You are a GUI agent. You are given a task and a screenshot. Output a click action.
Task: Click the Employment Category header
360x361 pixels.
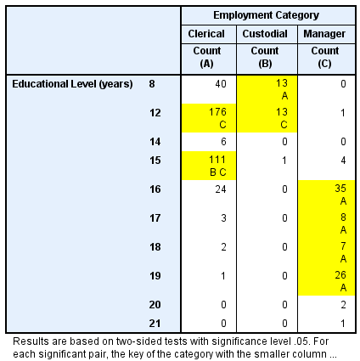(266, 15)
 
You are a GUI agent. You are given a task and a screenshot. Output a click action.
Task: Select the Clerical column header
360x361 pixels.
(206, 34)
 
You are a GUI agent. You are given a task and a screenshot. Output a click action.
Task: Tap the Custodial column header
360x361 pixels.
(265, 34)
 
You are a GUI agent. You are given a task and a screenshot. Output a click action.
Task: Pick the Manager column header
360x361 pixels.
(324, 34)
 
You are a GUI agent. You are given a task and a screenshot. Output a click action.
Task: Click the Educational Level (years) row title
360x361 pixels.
(72, 84)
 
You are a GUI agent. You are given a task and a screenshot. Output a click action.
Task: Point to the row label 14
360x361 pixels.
(155, 142)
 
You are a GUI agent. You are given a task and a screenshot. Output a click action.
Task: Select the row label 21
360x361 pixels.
(155, 324)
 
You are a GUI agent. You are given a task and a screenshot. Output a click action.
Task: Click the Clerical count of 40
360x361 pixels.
(221, 84)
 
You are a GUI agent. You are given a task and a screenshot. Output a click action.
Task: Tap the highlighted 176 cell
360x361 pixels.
(209, 118)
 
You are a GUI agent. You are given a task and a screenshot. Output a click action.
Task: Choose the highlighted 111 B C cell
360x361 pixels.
(209, 166)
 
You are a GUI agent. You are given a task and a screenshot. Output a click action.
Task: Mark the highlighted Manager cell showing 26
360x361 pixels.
(326, 281)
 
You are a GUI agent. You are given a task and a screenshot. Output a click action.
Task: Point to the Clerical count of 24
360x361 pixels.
(221, 189)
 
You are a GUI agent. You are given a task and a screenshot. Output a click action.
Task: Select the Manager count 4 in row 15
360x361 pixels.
(343, 161)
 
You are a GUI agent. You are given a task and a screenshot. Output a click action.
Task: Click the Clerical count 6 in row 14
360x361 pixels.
(223, 142)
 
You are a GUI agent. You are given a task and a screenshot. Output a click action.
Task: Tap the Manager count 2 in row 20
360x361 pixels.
(343, 305)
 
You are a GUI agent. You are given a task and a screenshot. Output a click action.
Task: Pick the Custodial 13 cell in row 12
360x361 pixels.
(267, 118)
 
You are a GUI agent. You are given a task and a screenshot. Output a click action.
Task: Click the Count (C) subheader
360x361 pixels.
(325, 58)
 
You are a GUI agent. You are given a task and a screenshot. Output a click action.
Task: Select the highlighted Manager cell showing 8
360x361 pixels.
(326, 223)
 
